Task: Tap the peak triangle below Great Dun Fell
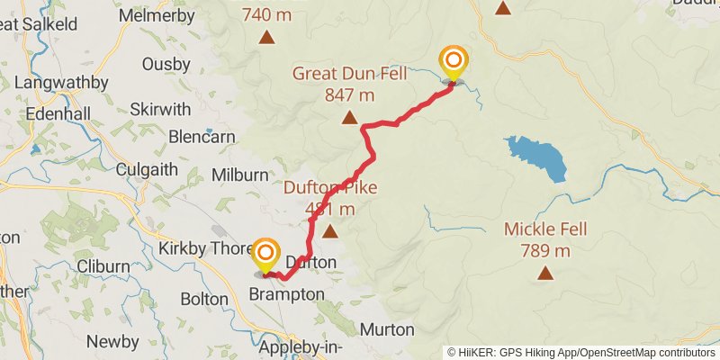coord(349,117)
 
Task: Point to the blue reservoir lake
coord(537,157)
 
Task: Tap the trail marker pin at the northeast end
coord(454,64)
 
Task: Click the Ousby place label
coord(166,64)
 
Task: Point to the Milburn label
coord(239,175)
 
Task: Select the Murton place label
coord(387,329)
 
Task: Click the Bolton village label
coord(204,298)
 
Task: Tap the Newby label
coord(112,341)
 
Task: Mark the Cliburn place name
coord(103,266)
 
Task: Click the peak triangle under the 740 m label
coord(267,37)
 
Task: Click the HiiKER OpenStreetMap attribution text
coord(581,352)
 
